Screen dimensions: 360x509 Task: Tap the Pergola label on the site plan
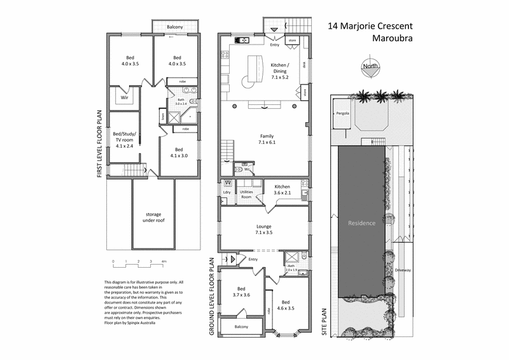pos(335,114)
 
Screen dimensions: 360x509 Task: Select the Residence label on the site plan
pos(361,223)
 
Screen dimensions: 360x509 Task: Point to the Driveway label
pos(403,270)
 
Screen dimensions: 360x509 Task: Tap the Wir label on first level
pos(125,98)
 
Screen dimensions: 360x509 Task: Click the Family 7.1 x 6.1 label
pos(266,139)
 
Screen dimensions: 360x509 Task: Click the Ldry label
pos(227,192)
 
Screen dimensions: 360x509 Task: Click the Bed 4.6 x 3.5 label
pos(286,305)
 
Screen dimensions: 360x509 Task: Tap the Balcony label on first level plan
pos(175,27)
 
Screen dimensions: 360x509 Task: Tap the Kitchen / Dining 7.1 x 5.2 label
pos(280,70)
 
